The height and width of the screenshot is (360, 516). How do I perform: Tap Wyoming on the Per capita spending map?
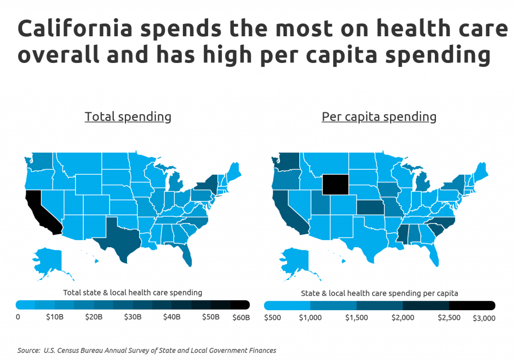(335, 184)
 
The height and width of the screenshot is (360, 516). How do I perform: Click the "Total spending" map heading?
(128, 117)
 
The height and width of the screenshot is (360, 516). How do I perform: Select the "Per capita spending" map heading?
(379, 117)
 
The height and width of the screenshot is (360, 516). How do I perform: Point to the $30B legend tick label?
(133, 317)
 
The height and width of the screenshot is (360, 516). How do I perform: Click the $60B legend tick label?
(241, 318)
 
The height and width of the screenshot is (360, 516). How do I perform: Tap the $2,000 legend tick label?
(403, 318)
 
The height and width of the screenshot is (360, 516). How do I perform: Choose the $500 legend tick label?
(273, 318)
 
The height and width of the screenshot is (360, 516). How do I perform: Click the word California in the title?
(76, 28)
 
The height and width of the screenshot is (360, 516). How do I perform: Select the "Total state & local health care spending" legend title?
(133, 293)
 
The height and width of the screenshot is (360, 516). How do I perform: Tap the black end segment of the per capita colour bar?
(472, 306)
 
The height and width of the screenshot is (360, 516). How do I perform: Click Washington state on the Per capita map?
(287, 162)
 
